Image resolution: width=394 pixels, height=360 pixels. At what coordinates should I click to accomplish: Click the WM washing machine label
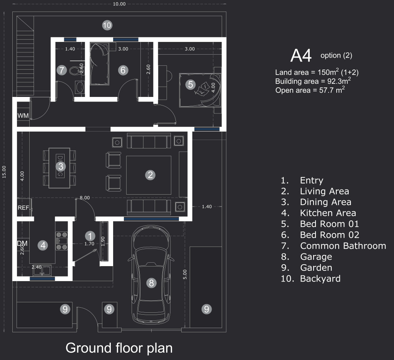point(23,115)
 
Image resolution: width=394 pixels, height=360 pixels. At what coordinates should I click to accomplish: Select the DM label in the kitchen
point(22,243)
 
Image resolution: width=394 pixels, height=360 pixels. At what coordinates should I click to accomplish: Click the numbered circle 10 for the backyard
point(107,25)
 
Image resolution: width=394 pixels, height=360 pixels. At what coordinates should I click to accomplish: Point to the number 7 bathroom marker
point(62,70)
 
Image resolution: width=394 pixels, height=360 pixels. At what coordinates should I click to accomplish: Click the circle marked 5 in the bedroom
point(190,84)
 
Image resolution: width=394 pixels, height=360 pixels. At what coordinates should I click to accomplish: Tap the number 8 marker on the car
point(151,283)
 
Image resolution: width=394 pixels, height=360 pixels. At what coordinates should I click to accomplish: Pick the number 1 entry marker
point(90,236)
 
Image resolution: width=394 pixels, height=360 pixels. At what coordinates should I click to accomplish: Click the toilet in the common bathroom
point(74,71)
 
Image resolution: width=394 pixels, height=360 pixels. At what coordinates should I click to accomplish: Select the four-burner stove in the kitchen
point(62,241)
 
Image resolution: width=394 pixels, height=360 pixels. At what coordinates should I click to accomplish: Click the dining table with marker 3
point(59,168)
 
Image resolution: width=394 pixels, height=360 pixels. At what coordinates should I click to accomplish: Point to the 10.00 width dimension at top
point(119,4)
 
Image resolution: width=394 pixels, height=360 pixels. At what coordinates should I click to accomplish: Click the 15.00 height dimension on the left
point(4,172)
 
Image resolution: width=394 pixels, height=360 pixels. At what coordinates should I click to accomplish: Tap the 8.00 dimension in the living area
point(85,198)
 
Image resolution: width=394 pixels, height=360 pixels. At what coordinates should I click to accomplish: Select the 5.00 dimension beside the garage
point(185,274)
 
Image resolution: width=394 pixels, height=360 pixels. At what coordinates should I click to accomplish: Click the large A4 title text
point(301,55)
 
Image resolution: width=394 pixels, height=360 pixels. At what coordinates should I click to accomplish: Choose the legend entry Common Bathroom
point(343,246)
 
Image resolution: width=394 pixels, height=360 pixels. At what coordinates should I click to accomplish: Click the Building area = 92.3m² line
point(313,81)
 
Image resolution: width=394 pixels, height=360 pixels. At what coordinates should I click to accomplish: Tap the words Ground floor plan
point(119,348)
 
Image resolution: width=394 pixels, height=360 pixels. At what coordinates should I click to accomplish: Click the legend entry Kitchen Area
point(328,213)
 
